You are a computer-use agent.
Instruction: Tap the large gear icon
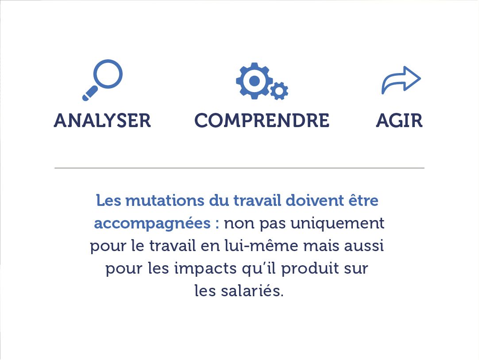tap(254, 81)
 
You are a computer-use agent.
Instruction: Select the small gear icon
tap(279, 91)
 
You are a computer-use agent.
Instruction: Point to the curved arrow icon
tap(401, 80)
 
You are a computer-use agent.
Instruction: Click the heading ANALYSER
tap(102, 121)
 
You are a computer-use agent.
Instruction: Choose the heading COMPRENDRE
tap(262, 121)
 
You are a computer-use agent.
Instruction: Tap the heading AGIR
tap(399, 121)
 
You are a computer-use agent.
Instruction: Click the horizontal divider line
tap(239, 168)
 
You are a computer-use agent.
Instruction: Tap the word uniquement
tap(337, 224)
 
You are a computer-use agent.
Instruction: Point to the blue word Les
tap(108, 201)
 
